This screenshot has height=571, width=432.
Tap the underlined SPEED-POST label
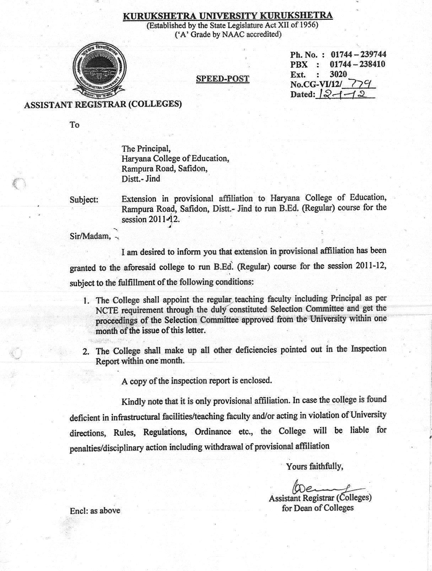point(223,78)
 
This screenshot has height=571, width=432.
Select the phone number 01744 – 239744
point(358,55)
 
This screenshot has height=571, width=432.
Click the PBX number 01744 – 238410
point(357,64)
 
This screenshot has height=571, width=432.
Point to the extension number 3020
point(338,74)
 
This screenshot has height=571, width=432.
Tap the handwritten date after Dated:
point(343,94)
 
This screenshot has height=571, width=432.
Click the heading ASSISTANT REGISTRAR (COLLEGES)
point(103,104)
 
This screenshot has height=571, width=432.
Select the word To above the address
point(75,125)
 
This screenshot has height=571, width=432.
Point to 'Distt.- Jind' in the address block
point(141,179)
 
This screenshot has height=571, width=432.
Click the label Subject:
point(84,200)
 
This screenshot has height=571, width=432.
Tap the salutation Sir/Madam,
point(90,236)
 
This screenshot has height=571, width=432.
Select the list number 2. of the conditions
point(86,352)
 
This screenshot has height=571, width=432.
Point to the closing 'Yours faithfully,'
point(315,466)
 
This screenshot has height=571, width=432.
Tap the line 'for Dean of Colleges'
point(318,508)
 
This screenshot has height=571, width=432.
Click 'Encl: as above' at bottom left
point(95,511)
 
